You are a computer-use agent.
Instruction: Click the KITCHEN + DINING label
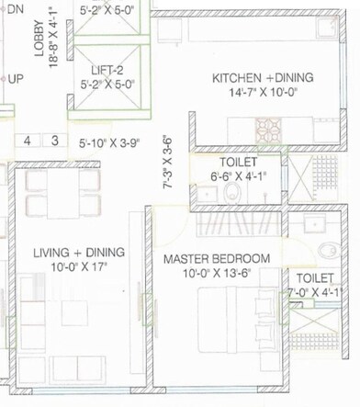tap(263, 78)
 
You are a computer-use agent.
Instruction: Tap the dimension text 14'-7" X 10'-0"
tap(263, 94)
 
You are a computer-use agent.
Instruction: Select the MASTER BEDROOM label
tap(216, 258)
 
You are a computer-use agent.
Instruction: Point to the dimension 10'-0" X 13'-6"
tap(217, 273)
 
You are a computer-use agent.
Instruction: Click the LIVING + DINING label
tap(79, 253)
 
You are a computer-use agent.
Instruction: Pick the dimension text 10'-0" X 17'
tap(79, 267)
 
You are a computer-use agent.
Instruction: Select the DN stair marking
tap(16, 6)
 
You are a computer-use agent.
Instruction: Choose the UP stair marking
tap(16, 79)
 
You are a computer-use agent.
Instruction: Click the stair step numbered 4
tap(28, 141)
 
